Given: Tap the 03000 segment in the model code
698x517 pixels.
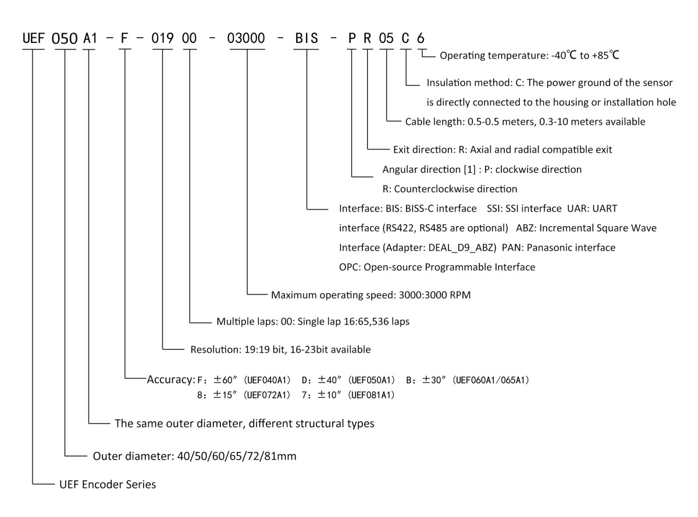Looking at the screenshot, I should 247,39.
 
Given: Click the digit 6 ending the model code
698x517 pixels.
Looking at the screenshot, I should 420,39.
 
